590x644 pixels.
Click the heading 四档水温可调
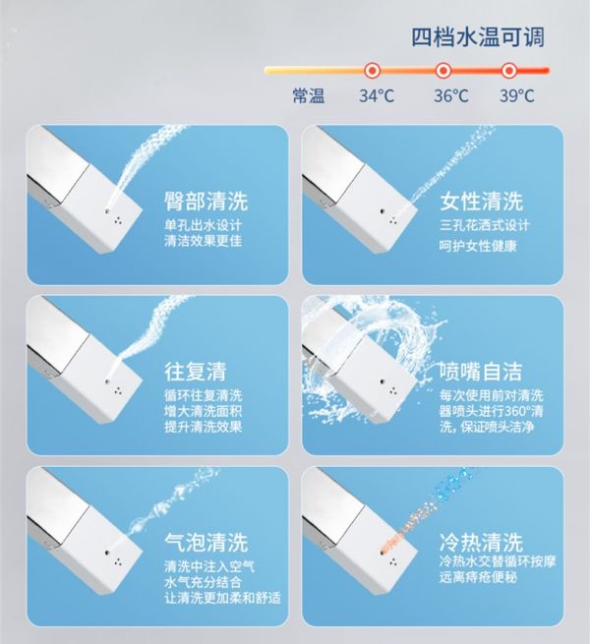pos(478,37)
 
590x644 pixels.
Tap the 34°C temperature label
pos(377,95)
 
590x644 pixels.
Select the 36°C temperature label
pos(451,95)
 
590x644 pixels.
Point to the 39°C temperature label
pos(517,95)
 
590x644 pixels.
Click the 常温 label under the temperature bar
pos(309,95)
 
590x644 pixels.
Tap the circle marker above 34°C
pos(373,71)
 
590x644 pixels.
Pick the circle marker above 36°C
pos(442,71)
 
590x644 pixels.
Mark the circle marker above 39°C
pos(508,71)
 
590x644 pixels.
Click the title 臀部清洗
pos(206,201)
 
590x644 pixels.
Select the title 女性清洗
pos(482,201)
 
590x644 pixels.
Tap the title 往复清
pos(196,372)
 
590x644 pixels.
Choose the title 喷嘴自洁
pos(481,372)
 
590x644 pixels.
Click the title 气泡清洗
pos(206,542)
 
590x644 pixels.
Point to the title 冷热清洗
pos(482,542)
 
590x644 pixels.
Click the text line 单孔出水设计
pos(203,225)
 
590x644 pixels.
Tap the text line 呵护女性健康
pos(478,246)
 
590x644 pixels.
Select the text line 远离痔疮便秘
pos(478,577)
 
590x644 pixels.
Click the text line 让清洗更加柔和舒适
pos(222,598)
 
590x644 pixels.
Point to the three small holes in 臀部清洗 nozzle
pos(118,221)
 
